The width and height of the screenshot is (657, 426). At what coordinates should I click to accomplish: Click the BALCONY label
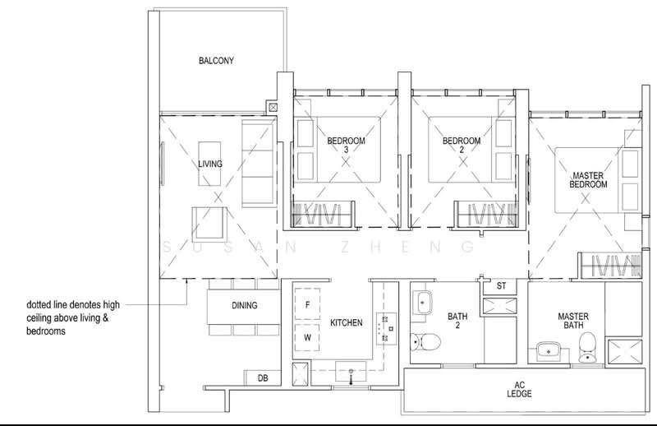(216, 60)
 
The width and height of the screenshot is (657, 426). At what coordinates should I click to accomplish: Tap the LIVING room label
(210, 164)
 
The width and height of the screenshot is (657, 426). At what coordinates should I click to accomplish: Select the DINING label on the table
(244, 305)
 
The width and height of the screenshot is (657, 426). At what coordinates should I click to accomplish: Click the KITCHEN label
(346, 322)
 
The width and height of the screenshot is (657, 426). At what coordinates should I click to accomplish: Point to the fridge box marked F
(307, 305)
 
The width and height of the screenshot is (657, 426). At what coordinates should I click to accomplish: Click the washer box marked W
(307, 337)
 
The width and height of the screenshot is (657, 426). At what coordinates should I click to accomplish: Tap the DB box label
(263, 378)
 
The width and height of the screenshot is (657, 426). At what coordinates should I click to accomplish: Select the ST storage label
(501, 286)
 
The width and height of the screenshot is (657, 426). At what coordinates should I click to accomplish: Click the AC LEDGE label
(520, 390)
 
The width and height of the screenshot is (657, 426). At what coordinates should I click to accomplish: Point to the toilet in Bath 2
(425, 341)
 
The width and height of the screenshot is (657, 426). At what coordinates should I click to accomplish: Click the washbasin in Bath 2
(422, 302)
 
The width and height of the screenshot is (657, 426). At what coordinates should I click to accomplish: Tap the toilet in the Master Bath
(587, 348)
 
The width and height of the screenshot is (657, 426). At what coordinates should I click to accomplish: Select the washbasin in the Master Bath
(549, 350)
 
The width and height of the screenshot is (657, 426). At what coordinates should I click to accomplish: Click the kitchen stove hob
(386, 329)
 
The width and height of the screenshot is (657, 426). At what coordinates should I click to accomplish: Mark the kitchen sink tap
(351, 377)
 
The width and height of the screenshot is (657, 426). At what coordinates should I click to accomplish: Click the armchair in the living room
(209, 224)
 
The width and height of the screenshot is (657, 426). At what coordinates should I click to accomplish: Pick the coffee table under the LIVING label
(209, 164)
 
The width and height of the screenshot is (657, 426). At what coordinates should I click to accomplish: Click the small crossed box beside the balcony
(273, 108)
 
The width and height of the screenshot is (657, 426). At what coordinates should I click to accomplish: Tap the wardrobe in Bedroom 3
(323, 214)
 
